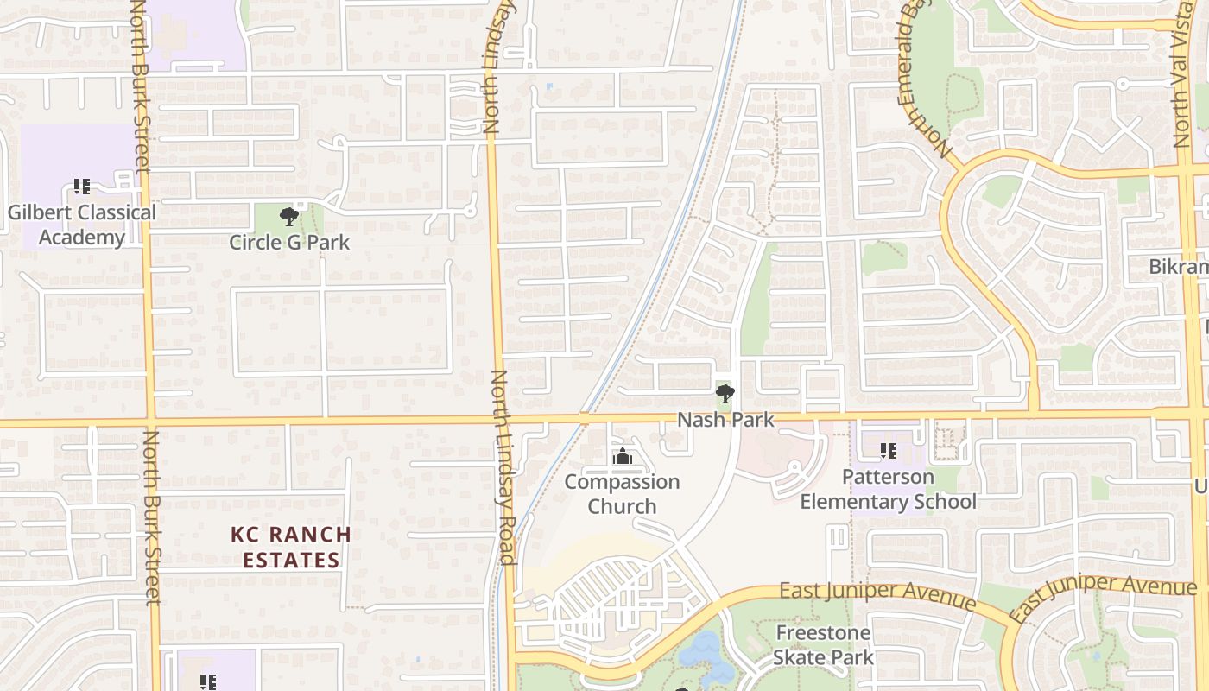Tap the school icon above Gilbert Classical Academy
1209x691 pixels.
[82, 186]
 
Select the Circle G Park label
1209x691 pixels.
[289, 242]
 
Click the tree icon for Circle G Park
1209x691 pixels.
[289, 216]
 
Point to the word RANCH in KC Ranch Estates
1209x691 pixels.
[307, 535]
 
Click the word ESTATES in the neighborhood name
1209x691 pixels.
[291, 560]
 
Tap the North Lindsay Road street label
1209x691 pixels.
[503, 466]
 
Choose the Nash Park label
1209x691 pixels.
[725, 420]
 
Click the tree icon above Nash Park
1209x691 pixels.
[725, 395]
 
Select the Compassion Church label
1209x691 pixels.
[622, 494]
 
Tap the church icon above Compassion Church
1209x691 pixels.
[622, 457]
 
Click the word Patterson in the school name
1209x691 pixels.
[888, 477]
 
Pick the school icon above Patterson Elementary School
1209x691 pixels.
[888, 450]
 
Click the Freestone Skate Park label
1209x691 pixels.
[823, 645]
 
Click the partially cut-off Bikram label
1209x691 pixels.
[1179, 267]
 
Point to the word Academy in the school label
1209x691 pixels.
[82, 238]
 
